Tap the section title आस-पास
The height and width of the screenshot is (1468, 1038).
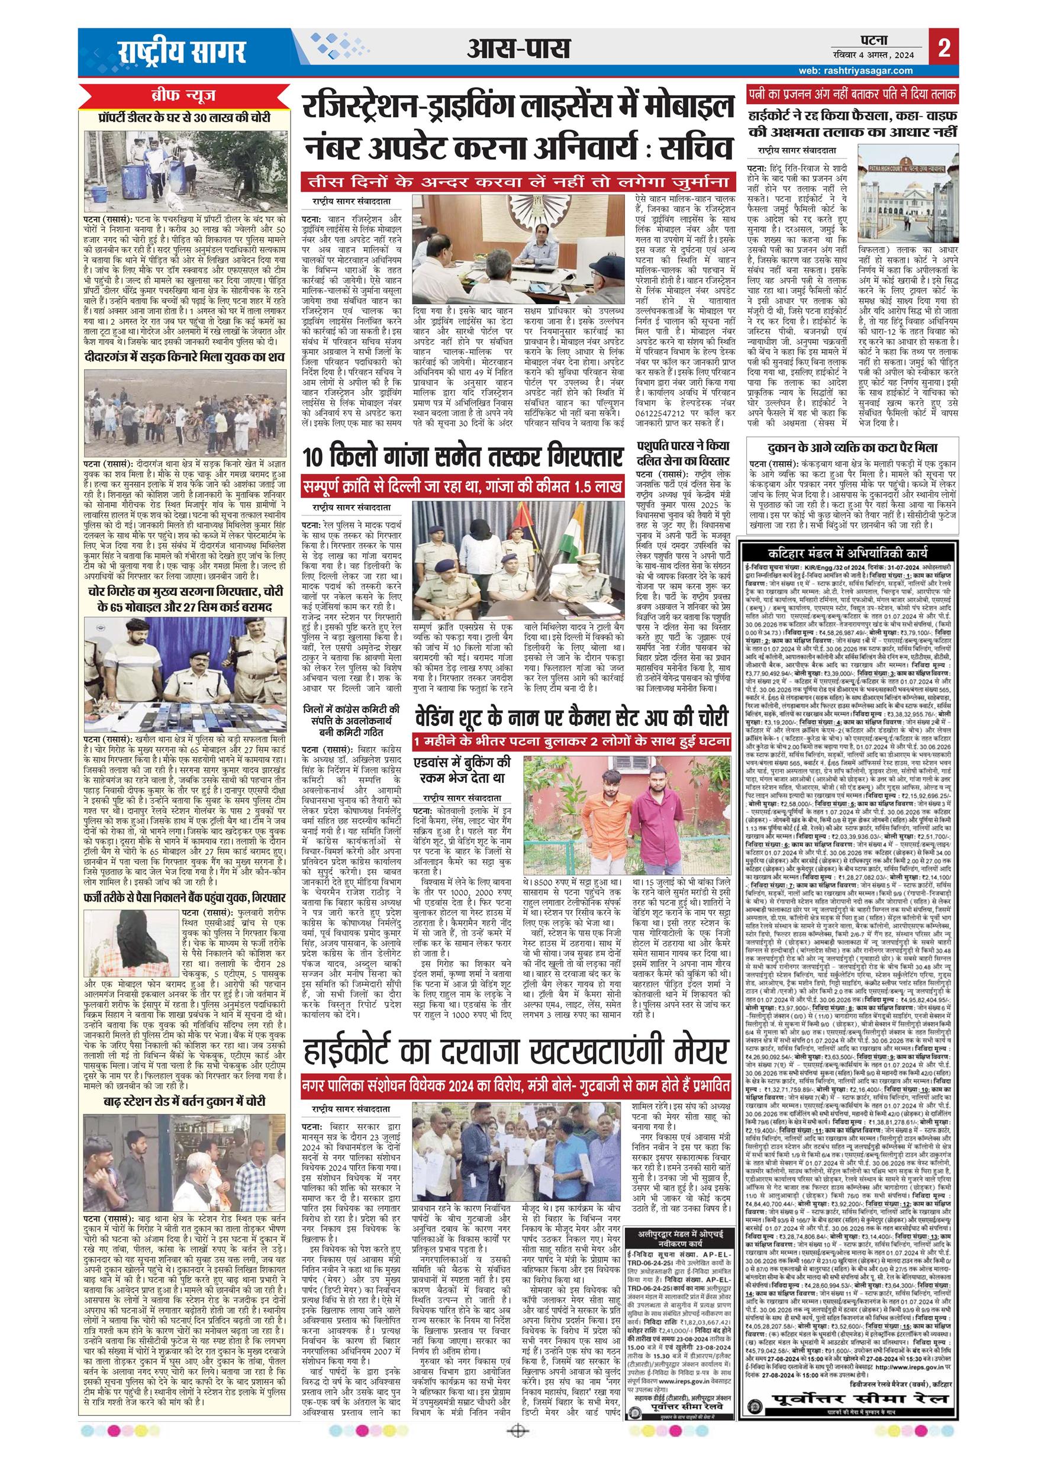(515, 48)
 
